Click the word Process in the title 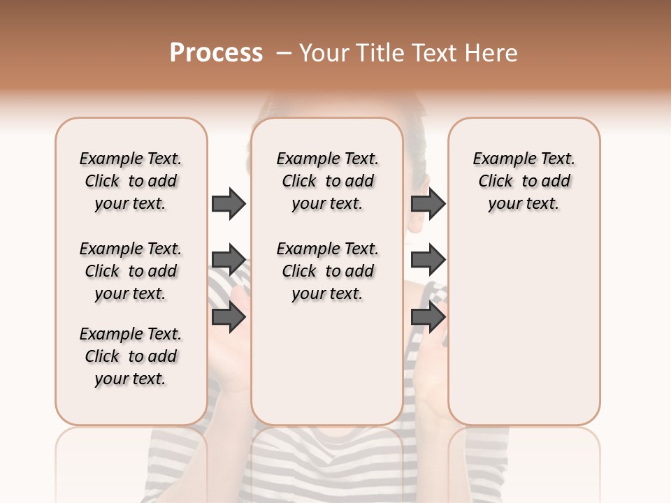pos(216,53)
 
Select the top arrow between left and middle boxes pos(229,204)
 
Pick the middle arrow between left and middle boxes pos(229,261)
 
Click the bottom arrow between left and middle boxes pos(229,317)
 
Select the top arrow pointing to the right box pos(428,204)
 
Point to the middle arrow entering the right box pos(428,261)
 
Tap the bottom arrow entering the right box pos(428,317)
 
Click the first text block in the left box pos(131,181)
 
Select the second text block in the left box pos(131,271)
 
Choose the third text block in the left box pos(131,356)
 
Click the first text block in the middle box pos(327,181)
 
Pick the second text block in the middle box pos(327,271)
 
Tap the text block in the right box pos(524,181)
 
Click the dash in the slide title pos(284,53)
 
